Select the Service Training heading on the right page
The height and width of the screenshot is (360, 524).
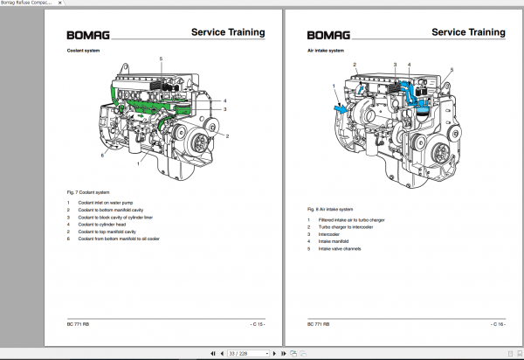468,32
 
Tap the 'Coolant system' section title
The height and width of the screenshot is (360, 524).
86,51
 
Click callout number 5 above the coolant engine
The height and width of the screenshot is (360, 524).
161,58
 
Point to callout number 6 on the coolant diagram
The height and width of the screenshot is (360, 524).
102,156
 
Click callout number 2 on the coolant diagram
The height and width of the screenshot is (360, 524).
228,137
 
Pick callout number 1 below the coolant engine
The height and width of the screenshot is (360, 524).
138,163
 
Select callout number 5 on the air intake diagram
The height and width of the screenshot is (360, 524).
452,70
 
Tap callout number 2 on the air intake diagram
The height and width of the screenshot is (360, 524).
355,66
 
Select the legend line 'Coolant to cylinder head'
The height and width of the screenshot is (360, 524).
102,224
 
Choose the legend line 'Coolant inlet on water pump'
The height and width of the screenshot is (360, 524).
105,203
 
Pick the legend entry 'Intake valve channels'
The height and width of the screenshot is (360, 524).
341,249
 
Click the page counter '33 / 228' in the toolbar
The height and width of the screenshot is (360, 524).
238,353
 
